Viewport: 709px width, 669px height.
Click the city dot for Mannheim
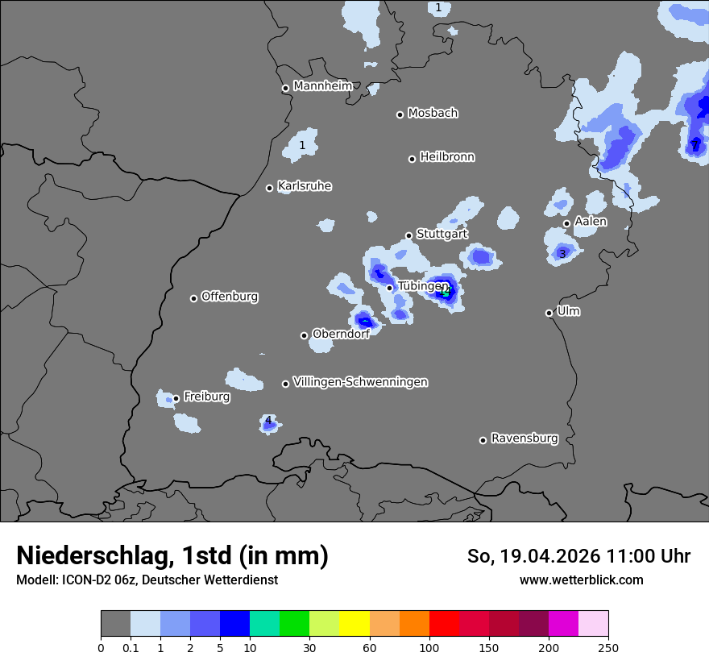(285, 89)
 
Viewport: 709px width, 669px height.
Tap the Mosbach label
(433, 114)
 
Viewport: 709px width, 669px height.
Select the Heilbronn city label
(447, 157)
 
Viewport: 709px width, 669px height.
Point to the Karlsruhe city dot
(270, 188)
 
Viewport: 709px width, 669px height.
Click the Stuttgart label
(442, 234)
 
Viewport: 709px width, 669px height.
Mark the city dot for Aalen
(566, 223)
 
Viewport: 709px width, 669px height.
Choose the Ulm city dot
(549, 313)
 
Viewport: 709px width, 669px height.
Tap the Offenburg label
(230, 297)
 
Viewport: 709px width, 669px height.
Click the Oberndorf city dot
(304, 335)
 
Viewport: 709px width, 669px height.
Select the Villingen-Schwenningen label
(360, 382)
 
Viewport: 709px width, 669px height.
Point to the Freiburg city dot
(176, 398)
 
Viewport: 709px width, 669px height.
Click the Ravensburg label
(524, 438)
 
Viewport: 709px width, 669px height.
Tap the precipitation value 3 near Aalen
(562, 254)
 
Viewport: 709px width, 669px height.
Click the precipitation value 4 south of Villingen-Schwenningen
(268, 420)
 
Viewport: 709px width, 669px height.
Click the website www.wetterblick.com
(581, 580)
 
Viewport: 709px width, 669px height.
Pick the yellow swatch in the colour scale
(354, 624)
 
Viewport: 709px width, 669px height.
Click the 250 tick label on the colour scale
(608, 647)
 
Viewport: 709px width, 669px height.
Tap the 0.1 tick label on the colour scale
(131, 647)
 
